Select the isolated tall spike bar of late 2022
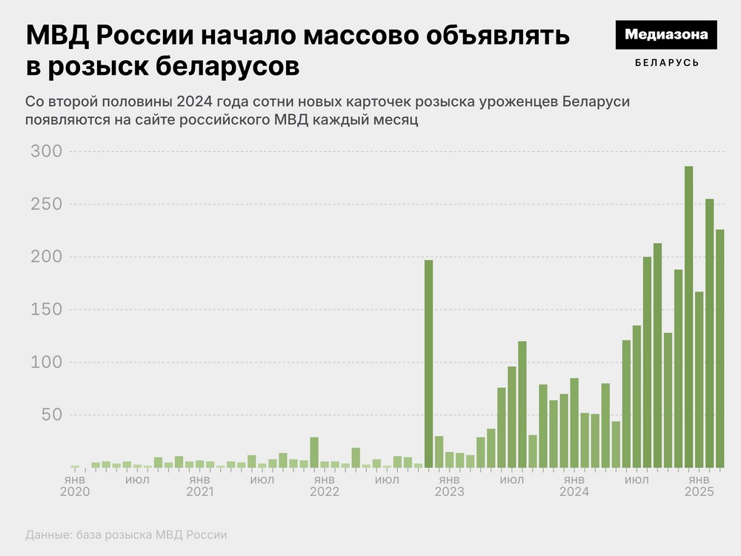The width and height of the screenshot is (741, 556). pos(428,363)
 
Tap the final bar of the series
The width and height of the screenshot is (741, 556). pos(720,348)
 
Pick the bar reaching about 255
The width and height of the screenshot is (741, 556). pos(709,334)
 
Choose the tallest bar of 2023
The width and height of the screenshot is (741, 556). pos(522,404)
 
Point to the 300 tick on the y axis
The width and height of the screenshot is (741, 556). pos(46,151)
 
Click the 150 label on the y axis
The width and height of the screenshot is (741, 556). pos(46,310)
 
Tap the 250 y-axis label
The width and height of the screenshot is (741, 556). pos(46,204)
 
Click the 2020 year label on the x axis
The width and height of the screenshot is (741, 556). pos(75,492)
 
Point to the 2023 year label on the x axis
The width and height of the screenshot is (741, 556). pos(449,492)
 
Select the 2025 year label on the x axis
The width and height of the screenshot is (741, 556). pos(699,492)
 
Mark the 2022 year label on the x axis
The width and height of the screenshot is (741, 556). pos(325,492)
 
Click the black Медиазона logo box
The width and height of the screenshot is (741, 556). pos(667,35)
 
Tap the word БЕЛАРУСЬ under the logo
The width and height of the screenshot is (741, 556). pos(667,63)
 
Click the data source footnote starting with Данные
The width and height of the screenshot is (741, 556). pos(126,535)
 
